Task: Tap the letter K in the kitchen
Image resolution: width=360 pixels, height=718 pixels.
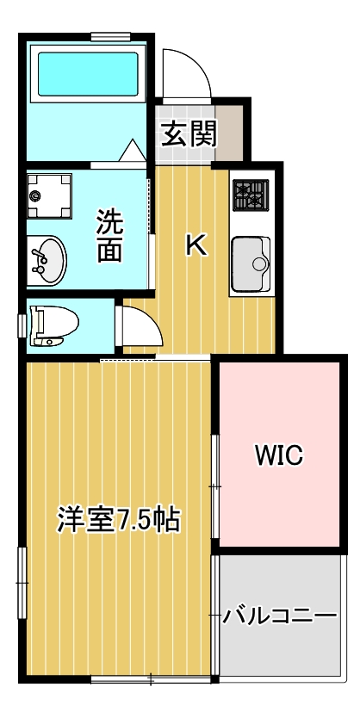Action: coord(196,246)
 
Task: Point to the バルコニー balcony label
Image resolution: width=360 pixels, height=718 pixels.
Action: coord(279,616)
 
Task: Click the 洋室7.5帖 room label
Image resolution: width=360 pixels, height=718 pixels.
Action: coord(118,520)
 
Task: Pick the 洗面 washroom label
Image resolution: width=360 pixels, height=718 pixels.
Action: coord(109,235)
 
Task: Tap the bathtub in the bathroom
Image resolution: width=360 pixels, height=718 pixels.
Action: coord(85,75)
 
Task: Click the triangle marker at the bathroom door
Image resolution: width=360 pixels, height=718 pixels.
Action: coord(133,151)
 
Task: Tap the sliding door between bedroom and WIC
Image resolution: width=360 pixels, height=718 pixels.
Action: coord(214,486)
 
